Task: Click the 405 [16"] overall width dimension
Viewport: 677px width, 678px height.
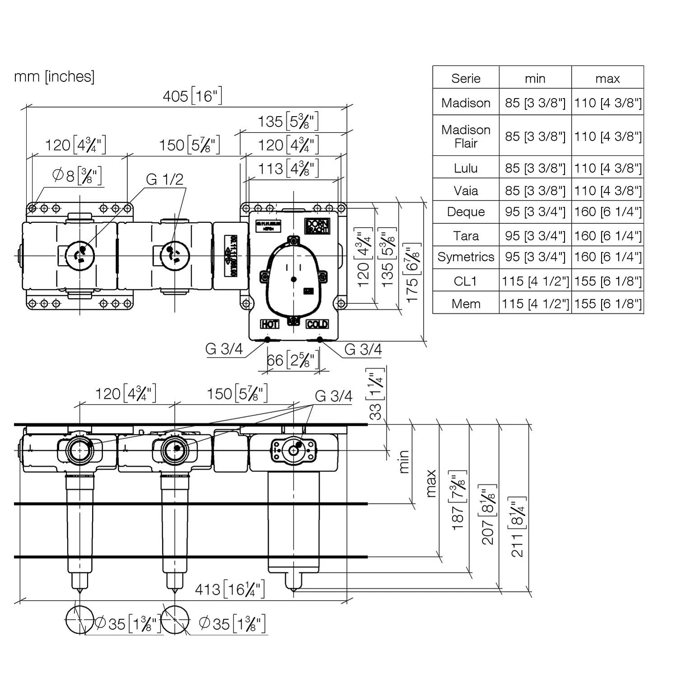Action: coord(192,96)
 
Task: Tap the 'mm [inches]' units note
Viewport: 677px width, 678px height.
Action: coord(54,76)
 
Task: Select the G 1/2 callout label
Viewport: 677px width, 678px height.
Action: coord(165,179)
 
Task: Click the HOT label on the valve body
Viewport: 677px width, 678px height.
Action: coord(269,324)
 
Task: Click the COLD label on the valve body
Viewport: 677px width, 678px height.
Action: coord(317,324)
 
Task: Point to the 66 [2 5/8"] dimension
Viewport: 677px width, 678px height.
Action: coord(293,360)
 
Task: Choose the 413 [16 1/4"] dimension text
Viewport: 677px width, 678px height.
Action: coord(230,589)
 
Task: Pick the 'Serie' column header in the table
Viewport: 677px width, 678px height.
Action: coord(466,78)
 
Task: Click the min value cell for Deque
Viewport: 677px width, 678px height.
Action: coord(535,212)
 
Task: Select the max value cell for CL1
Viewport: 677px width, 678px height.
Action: coord(607,281)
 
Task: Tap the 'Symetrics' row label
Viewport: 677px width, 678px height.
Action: coord(466,257)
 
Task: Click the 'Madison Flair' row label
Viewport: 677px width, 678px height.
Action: coord(466,136)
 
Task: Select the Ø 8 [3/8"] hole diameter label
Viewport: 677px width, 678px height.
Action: coord(77,175)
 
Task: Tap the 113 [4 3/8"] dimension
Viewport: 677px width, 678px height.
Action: coord(288,169)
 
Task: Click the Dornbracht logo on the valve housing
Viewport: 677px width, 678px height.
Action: coord(318,226)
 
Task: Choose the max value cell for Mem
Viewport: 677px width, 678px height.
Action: coord(607,303)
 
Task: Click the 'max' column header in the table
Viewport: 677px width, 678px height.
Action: coord(607,78)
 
